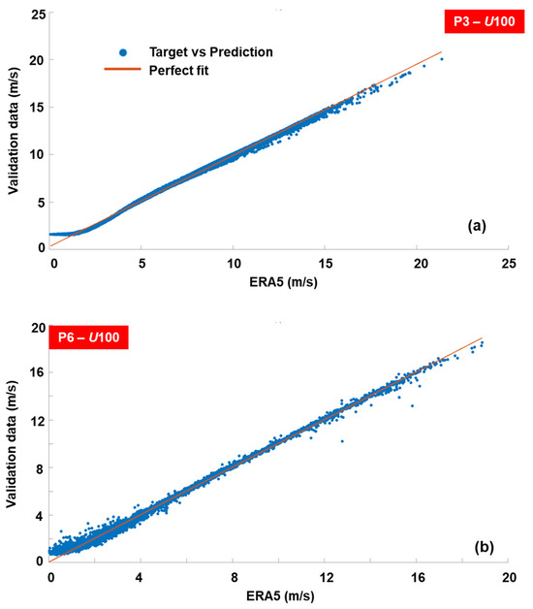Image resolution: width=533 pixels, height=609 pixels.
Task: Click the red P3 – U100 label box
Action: (x=485, y=21)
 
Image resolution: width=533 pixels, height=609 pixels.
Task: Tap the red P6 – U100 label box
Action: (x=88, y=337)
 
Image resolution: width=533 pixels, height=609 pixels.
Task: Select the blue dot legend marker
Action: (x=123, y=52)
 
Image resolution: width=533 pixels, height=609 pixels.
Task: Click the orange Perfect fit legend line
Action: (x=122, y=69)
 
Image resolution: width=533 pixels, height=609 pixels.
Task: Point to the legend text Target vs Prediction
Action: (x=211, y=52)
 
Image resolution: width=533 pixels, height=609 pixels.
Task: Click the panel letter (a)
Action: (x=477, y=226)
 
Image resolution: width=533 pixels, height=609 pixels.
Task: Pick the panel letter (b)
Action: (x=485, y=547)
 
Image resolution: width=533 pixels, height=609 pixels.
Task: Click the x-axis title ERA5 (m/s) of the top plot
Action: (x=283, y=282)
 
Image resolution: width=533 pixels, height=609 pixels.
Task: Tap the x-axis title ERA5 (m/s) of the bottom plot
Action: (x=280, y=595)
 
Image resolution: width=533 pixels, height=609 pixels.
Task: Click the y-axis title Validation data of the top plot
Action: (x=13, y=131)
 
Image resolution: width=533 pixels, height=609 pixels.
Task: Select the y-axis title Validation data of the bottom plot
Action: (x=12, y=444)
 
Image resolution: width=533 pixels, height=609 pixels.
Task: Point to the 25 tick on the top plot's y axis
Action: (x=38, y=15)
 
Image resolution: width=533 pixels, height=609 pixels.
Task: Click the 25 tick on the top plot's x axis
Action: (x=509, y=264)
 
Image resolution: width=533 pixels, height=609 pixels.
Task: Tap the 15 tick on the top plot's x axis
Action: (x=326, y=264)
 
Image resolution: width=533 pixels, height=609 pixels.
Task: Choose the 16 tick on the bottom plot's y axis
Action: (x=38, y=372)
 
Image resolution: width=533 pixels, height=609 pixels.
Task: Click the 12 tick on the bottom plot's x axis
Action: (x=326, y=578)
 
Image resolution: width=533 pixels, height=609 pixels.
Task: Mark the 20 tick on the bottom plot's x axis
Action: (x=509, y=578)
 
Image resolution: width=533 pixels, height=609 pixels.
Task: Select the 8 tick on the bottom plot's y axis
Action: (x=40, y=468)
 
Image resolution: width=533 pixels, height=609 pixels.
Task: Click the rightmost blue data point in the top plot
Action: (x=442, y=59)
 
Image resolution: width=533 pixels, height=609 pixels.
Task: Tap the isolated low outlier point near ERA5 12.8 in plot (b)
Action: (x=342, y=441)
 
